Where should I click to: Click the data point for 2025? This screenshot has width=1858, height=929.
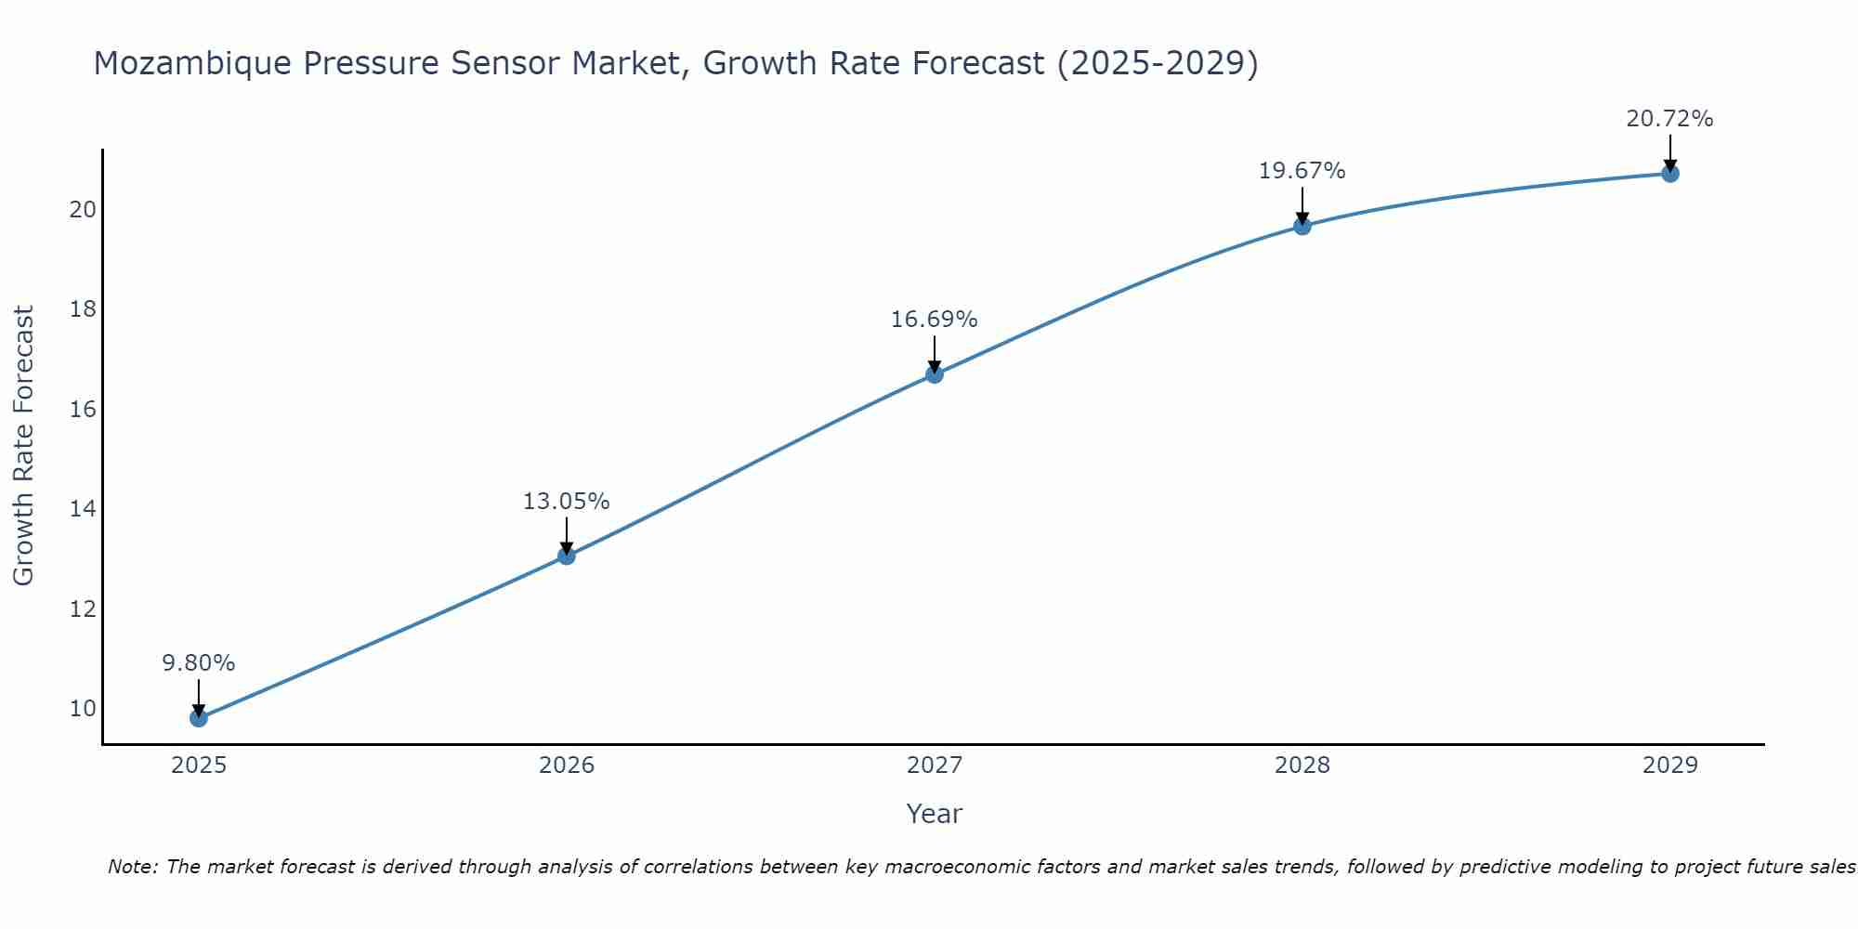pyautogui.click(x=199, y=718)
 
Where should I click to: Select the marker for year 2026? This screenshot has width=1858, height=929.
pyautogui.click(x=567, y=556)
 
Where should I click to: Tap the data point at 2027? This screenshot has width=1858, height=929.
pyautogui.click(x=935, y=374)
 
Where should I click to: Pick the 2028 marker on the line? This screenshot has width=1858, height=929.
pyautogui.click(x=1302, y=226)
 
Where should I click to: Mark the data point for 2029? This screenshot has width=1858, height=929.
pyautogui.click(x=1670, y=174)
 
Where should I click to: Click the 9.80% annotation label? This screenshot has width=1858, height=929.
pyautogui.click(x=199, y=663)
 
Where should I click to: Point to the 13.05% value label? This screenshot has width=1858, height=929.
pyautogui.click(x=567, y=502)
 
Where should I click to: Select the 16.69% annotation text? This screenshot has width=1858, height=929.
pyautogui.click(x=935, y=320)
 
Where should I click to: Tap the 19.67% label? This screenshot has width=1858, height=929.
pyautogui.click(x=1302, y=171)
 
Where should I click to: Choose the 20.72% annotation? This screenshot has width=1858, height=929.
pyautogui.click(x=1670, y=119)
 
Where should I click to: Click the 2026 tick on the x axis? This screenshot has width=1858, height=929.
pyautogui.click(x=567, y=765)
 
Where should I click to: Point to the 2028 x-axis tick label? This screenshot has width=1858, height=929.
pyautogui.click(x=1302, y=765)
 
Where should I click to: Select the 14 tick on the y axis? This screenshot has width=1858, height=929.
pyautogui.click(x=83, y=509)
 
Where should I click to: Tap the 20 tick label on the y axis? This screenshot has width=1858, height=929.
pyautogui.click(x=83, y=210)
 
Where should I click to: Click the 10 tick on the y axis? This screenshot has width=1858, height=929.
pyautogui.click(x=83, y=709)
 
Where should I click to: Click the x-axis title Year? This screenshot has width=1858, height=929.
pyautogui.click(x=935, y=814)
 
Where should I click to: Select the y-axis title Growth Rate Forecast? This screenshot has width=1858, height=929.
pyautogui.click(x=24, y=446)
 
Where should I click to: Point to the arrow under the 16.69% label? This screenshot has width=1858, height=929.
pyautogui.click(x=935, y=353)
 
